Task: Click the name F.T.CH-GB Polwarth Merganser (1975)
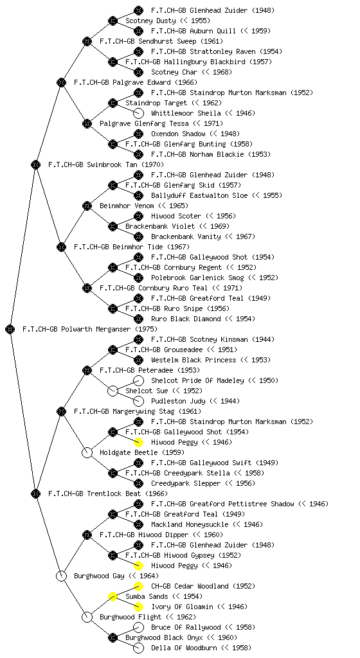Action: (x=90, y=329)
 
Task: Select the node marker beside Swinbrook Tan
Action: (x=35, y=164)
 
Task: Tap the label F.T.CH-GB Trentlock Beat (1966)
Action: (x=108, y=493)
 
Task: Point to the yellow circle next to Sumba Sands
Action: (x=113, y=596)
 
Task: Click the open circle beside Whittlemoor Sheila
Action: (x=138, y=113)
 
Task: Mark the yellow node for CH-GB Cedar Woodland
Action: (x=138, y=586)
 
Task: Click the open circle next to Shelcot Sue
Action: (x=113, y=391)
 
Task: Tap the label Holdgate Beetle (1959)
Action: (x=134, y=452)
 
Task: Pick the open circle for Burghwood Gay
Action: (x=61, y=576)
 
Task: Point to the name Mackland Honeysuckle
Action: (x=190, y=524)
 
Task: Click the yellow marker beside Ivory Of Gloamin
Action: (x=138, y=607)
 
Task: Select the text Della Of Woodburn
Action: (x=184, y=648)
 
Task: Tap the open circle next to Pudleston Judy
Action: (x=138, y=401)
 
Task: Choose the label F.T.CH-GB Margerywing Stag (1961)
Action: (x=138, y=411)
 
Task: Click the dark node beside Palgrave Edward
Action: (x=61, y=82)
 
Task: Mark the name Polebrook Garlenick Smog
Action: (x=197, y=278)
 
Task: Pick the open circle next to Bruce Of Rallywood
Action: (x=138, y=627)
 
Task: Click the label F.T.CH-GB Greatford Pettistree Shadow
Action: (x=224, y=504)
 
